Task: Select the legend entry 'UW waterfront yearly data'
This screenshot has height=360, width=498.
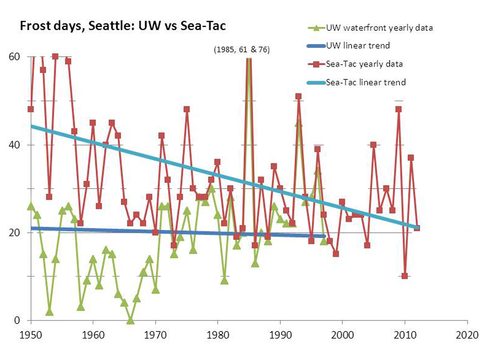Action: tap(379, 27)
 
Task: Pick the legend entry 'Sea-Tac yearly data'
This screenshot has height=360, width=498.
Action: tap(364, 64)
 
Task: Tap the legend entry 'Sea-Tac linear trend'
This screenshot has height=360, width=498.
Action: tap(366, 82)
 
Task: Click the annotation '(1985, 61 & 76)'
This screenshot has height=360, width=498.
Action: tap(241, 50)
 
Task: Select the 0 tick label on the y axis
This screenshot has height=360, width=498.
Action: tap(18, 320)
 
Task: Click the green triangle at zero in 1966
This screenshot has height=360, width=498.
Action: tap(130, 320)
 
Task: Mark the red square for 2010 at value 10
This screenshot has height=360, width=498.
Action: tap(405, 276)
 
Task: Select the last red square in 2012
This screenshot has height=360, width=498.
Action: tap(417, 228)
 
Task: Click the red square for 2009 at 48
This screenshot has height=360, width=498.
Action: tap(398, 109)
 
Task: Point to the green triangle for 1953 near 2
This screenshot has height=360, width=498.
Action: tap(49, 312)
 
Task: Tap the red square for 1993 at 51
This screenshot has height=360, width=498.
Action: tap(298, 96)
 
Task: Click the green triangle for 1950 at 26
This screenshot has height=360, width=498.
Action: tap(31, 206)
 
